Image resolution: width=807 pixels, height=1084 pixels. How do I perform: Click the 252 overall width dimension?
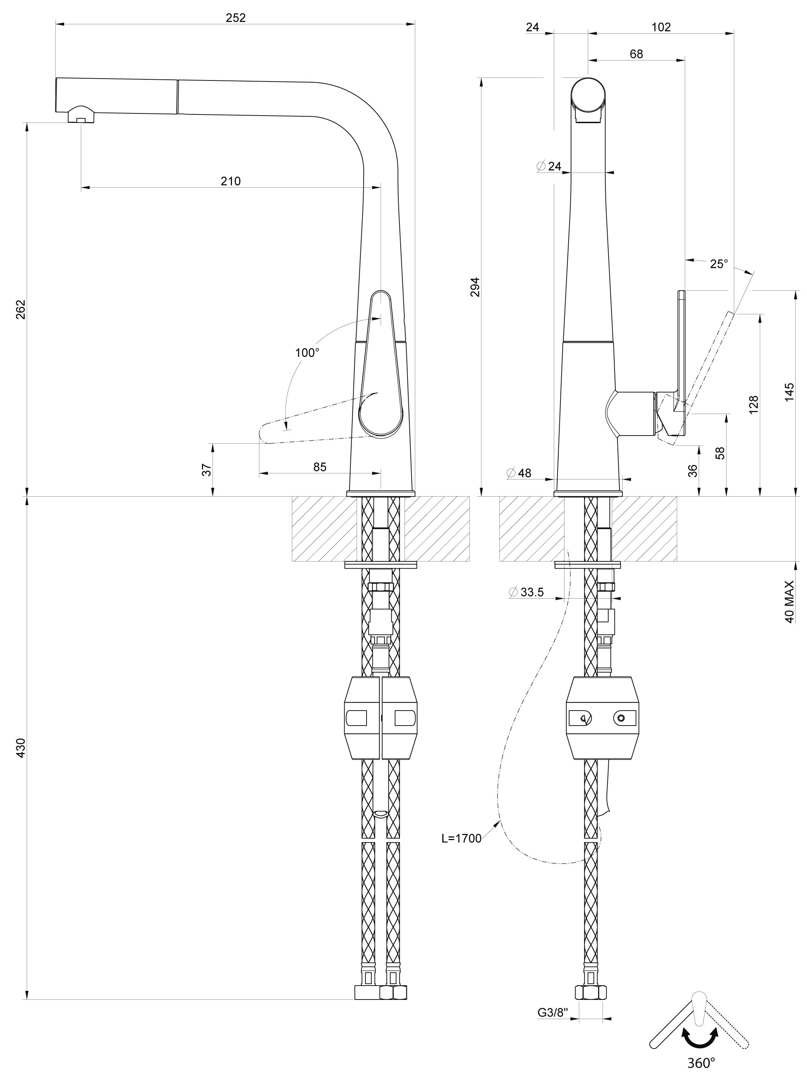236,18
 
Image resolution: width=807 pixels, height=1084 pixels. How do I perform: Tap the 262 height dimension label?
20,309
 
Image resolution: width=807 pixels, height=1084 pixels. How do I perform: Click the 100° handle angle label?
307,353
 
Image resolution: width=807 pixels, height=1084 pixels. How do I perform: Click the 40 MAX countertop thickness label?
789,602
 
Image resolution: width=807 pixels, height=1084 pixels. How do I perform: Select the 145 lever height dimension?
789,392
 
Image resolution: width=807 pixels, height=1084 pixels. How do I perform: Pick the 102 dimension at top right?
661,27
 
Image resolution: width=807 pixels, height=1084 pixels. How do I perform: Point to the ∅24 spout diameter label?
549,166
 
